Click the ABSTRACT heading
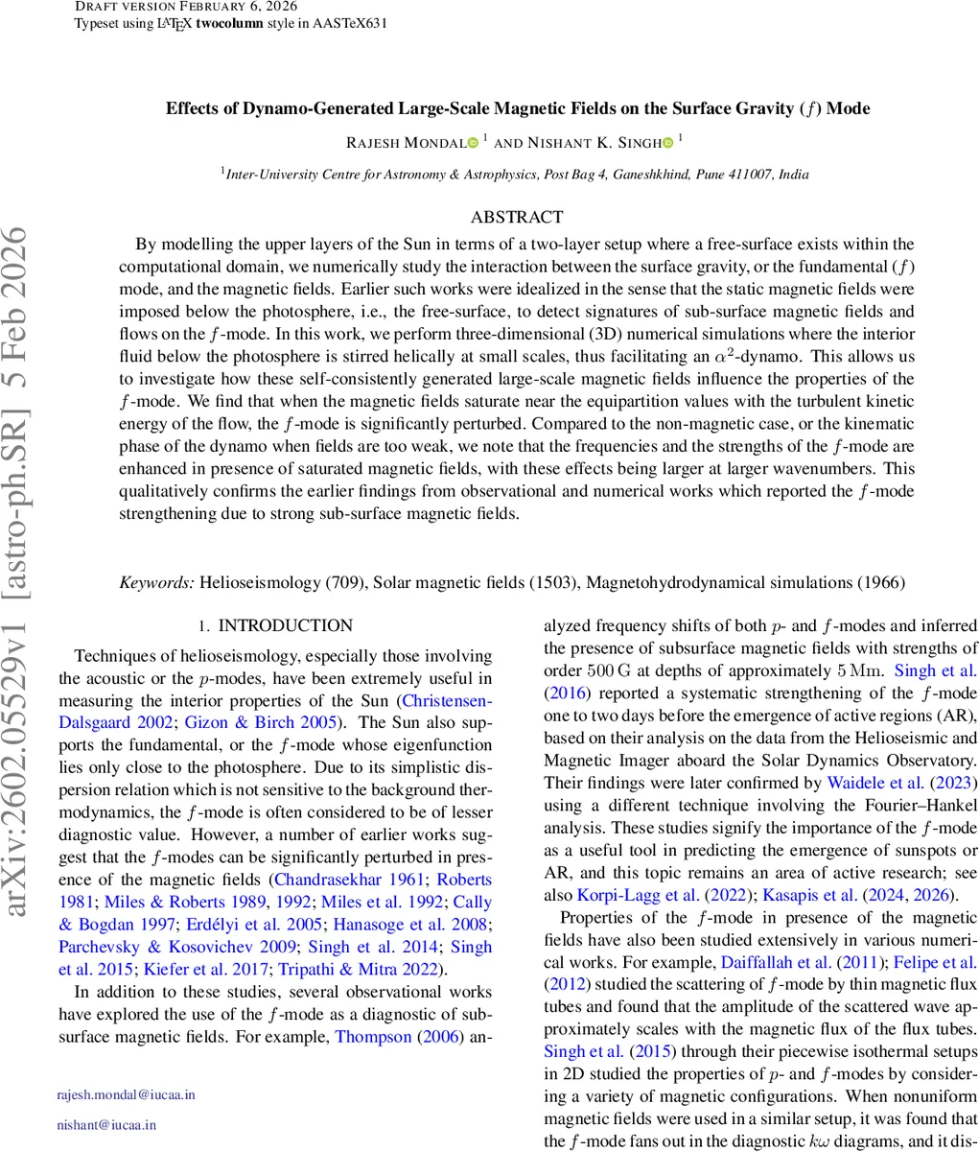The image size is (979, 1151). [x=517, y=218]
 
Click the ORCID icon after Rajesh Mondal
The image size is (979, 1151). [x=472, y=143]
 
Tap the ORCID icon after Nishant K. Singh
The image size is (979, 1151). [x=667, y=143]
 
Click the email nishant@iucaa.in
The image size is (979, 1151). [x=106, y=1125]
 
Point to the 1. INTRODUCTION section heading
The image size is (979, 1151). [x=275, y=626]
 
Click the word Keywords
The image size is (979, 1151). [x=156, y=582]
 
